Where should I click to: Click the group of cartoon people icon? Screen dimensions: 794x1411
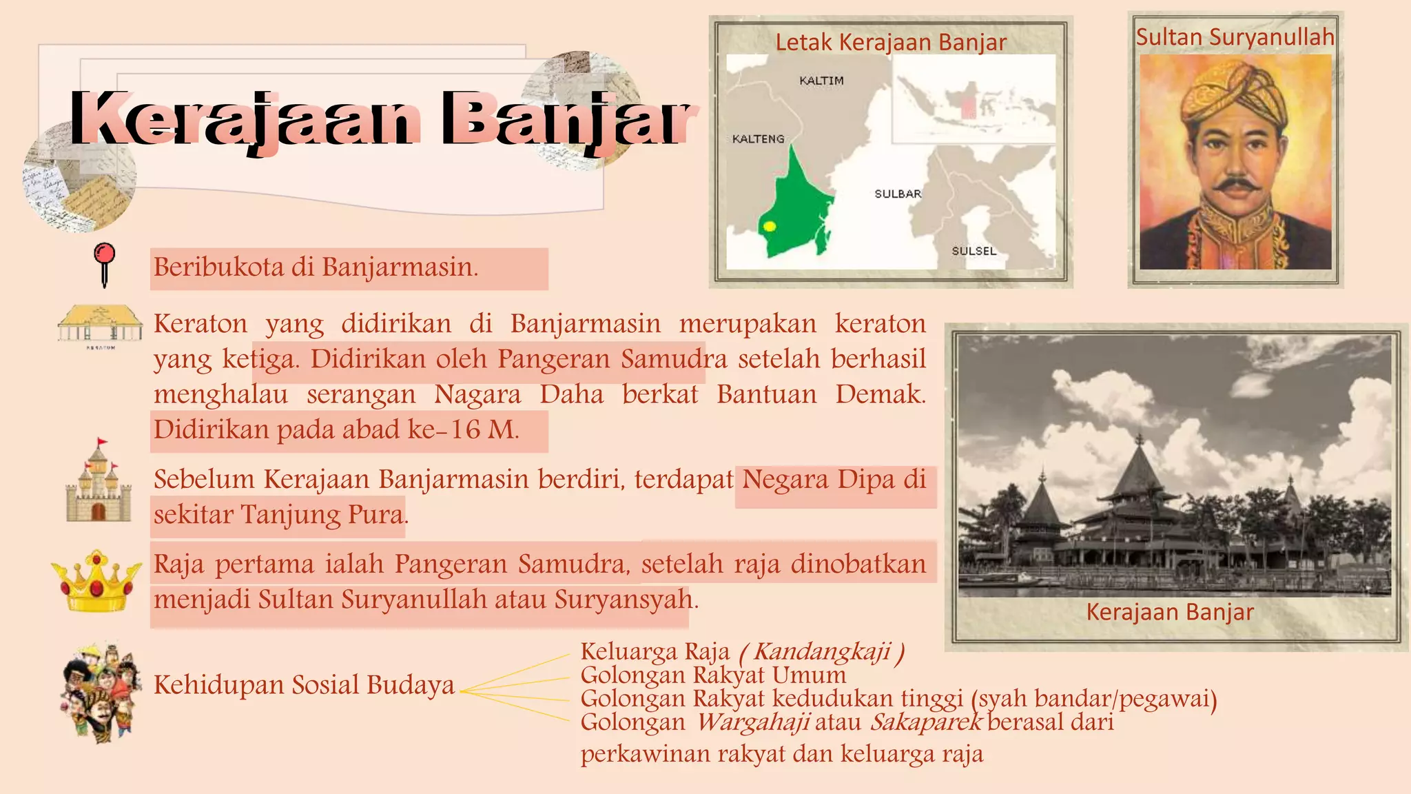pos(101,691)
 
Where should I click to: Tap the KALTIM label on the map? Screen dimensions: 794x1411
pos(821,81)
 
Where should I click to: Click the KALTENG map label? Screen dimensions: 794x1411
pos(758,139)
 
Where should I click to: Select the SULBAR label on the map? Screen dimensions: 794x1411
pos(898,194)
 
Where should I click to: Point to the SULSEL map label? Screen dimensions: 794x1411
pos(974,251)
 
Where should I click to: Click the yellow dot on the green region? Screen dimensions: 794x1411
pos(770,226)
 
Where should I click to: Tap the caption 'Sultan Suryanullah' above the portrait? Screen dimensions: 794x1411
pos(1235,37)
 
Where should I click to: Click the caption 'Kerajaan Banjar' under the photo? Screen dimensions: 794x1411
pos(1170,611)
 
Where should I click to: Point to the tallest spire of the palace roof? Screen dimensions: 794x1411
pos(1140,441)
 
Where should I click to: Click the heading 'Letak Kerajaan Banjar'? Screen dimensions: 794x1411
pos(890,42)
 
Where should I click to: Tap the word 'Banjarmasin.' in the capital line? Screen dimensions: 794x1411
pos(400,267)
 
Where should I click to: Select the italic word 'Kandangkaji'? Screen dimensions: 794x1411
pos(822,651)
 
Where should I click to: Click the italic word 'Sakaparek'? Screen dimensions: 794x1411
pos(925,722)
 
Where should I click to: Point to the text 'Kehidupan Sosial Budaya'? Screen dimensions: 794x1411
pos(304,684)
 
